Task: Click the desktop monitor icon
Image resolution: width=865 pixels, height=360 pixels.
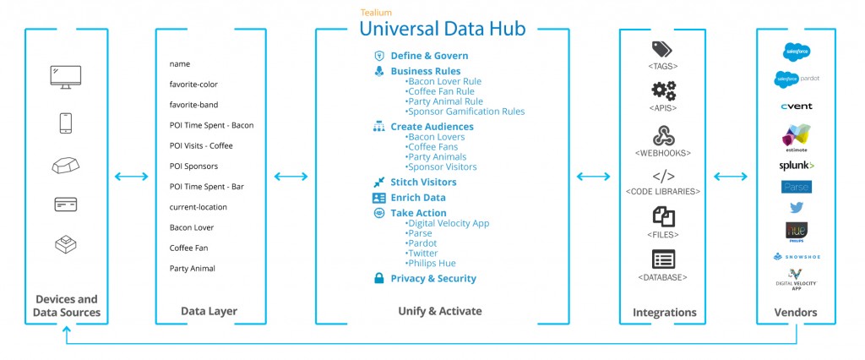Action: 66,77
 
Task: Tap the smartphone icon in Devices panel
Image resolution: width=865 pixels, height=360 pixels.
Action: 66,123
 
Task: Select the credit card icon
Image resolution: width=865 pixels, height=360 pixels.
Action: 66,204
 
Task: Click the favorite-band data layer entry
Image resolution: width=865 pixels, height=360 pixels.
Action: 195,105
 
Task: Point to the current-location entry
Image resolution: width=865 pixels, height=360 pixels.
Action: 198,207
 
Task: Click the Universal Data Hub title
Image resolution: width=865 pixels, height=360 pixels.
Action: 442,29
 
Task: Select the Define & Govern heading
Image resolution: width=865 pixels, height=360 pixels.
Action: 429,56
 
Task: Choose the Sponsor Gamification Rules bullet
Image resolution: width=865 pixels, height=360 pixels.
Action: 465,112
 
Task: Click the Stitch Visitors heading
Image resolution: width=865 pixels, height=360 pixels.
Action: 423,183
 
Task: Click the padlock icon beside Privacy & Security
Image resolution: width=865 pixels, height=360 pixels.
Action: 379,278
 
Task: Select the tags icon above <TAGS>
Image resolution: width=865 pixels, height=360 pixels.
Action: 663,50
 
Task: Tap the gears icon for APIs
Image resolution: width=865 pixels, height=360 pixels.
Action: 663,91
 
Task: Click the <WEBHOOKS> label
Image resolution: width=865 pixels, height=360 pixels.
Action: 663,153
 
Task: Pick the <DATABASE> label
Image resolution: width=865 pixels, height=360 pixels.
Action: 663,277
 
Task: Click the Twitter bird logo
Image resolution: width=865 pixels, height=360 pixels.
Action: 796,207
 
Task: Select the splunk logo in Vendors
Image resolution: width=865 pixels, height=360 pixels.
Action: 796,166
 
